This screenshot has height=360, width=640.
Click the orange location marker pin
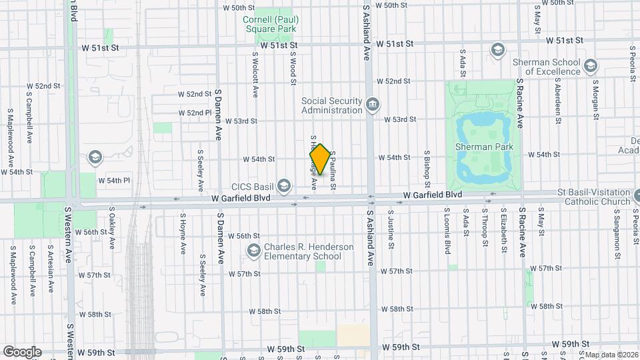click(x=320, y=159)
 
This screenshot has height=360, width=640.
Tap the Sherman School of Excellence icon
click(x=590, y=65)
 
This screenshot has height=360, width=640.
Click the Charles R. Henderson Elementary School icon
click(x=253, y=251)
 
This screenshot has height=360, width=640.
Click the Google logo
click(x=22, y=352)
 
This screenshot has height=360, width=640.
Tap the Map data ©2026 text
click(x=611, y=355)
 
